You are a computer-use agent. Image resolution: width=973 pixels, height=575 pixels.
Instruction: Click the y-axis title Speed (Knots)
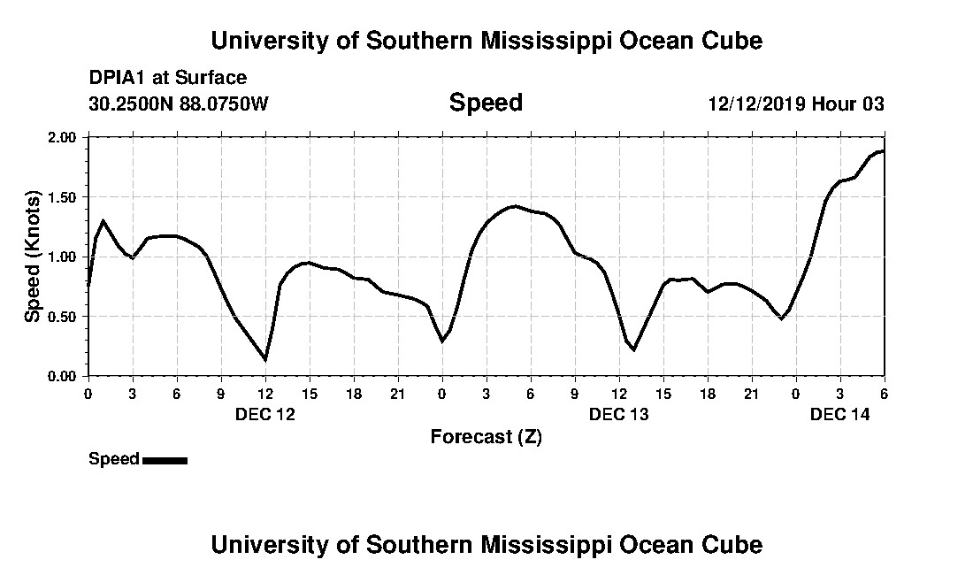tap(33, 257)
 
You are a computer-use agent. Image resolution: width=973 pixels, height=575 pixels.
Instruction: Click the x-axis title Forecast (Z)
tap(486, 436)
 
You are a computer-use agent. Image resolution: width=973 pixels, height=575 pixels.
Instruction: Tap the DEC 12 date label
tap(264, 414)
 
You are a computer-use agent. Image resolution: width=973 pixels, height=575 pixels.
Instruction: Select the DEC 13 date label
tap(618, 414)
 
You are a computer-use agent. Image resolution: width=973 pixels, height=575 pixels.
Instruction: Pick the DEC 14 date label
tap(839, 414)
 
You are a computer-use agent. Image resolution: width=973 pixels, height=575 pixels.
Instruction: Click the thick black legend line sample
tap(165, 460)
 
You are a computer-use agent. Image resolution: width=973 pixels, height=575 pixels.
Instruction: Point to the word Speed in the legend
tap(113, 459)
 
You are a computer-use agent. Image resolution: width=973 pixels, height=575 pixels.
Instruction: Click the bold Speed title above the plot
tap(486, 103)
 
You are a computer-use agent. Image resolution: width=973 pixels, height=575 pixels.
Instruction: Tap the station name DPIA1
tap(118, 79)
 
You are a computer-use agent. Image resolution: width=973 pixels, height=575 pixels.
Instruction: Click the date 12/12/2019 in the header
tap(755, 104)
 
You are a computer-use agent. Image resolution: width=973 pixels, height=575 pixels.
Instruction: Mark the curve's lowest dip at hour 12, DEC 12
tap(265, 359)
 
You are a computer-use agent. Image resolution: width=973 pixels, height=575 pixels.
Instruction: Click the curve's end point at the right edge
tap(883, 150)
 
